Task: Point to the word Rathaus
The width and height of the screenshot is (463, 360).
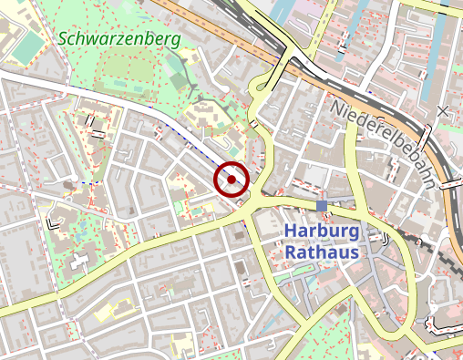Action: [x=322, y=251]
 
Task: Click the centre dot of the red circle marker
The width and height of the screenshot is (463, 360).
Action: [x=232, y=180]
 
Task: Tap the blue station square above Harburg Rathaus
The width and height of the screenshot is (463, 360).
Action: [x=322, y=206]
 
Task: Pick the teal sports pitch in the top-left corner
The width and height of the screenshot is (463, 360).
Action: [x=27, y=46]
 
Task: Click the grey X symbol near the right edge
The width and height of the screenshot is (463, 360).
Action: [x=443, y=111]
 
